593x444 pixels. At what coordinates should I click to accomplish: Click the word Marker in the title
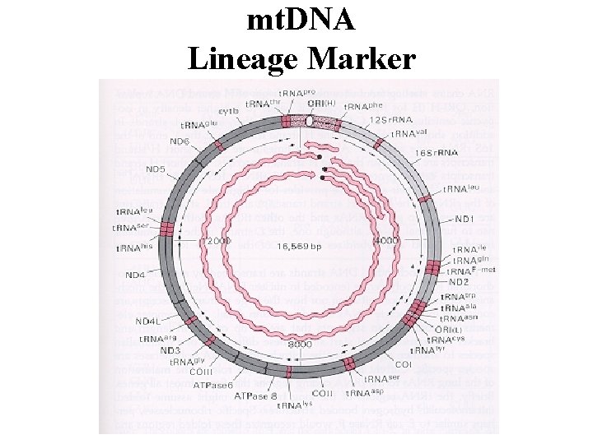(363, 58)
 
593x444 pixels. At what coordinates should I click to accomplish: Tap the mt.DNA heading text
(301, 20)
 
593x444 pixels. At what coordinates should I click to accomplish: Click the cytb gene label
(229, 112)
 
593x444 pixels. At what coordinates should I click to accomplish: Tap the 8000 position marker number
(300, 345)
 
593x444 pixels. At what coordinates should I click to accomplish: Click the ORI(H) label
(322, 104)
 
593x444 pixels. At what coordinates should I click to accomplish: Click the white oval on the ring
(310, 121)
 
